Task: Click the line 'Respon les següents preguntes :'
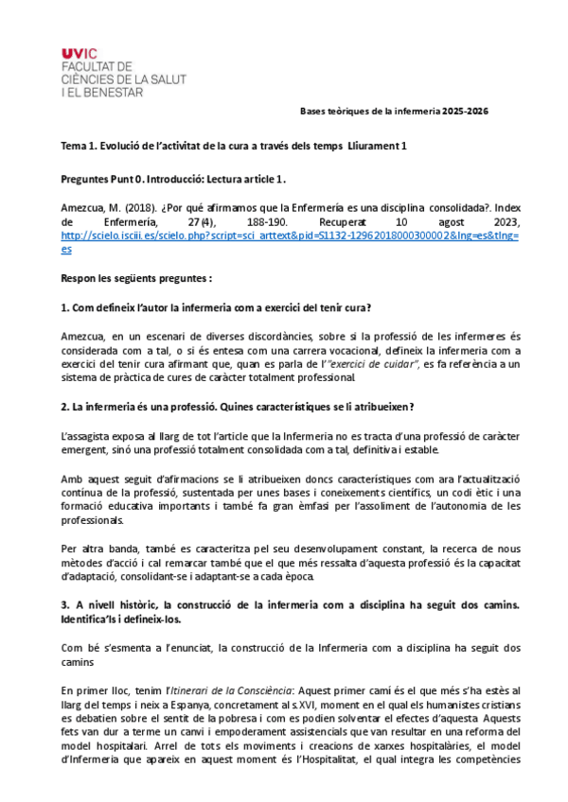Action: coord(135,279)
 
